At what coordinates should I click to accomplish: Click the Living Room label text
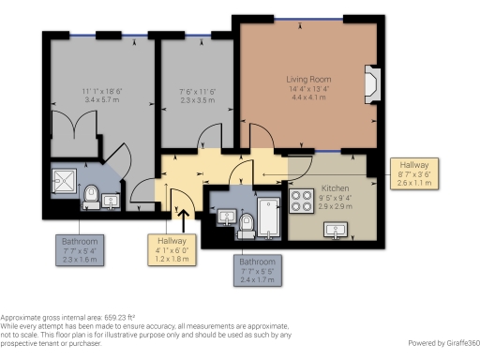click(309, 79)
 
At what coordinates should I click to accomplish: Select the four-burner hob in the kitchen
click(304, 201)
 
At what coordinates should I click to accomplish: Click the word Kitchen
click(335, 187)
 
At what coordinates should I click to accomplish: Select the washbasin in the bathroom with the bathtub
click(225, 217)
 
